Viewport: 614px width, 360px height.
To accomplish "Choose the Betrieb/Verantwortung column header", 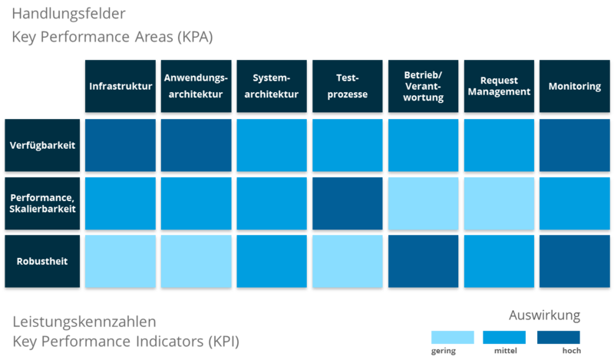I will (423, 86).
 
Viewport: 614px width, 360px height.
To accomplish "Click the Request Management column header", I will (499, 86).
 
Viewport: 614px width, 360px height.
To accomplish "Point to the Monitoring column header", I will (574, 86).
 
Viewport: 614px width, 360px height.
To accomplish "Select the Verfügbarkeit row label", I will (43, 144).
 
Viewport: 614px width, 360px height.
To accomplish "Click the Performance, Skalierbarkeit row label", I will (43, 203).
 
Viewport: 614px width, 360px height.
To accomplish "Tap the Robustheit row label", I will (43, 261).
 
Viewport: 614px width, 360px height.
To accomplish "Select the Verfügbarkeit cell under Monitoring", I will (574, 144).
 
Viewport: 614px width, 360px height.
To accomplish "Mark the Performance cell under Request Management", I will (499, 203).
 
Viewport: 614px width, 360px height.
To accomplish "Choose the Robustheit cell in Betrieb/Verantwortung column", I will (423, 261).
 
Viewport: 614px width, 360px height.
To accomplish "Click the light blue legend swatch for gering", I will (452, 337).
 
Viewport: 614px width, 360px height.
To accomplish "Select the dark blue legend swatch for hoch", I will (558, 337).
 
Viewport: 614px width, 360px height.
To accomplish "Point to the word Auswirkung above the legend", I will (545, 315).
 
